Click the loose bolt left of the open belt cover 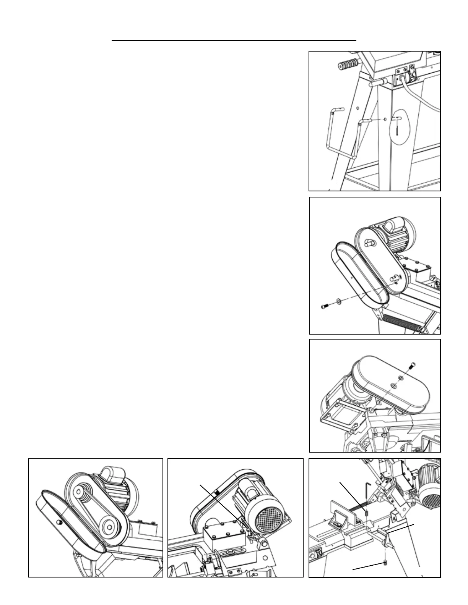click(324, 306)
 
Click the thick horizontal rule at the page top click(234, 40)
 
